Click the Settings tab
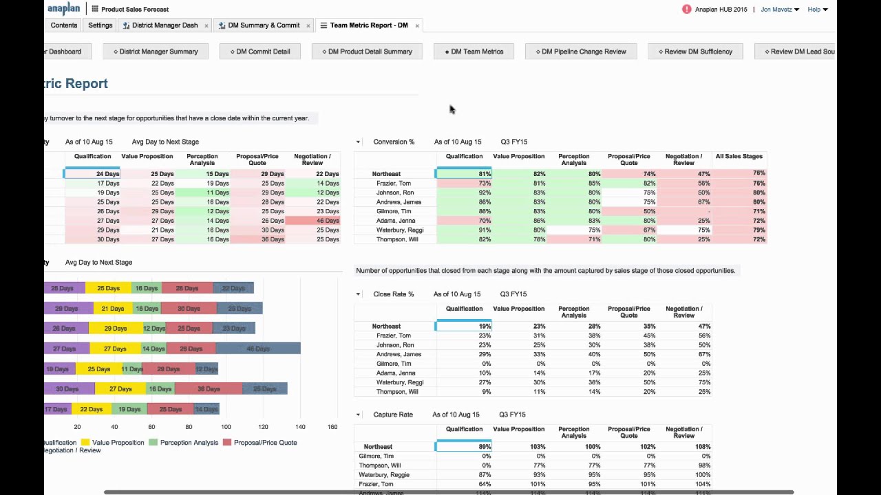click(100, 25)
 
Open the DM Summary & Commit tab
click(264, 25)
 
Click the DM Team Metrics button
click(474, 52)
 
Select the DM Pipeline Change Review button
click(581, 52)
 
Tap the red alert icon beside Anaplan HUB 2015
click(686, 10)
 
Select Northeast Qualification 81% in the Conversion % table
click(464, 174)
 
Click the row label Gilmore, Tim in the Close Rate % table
click(394, 364)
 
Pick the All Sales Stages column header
click(739, 157)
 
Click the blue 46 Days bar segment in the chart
click(258, 349)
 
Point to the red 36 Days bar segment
click(209, 389)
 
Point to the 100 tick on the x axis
click(226, 427)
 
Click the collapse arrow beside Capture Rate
click(358, 415)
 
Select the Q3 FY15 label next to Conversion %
click(513, 142)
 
